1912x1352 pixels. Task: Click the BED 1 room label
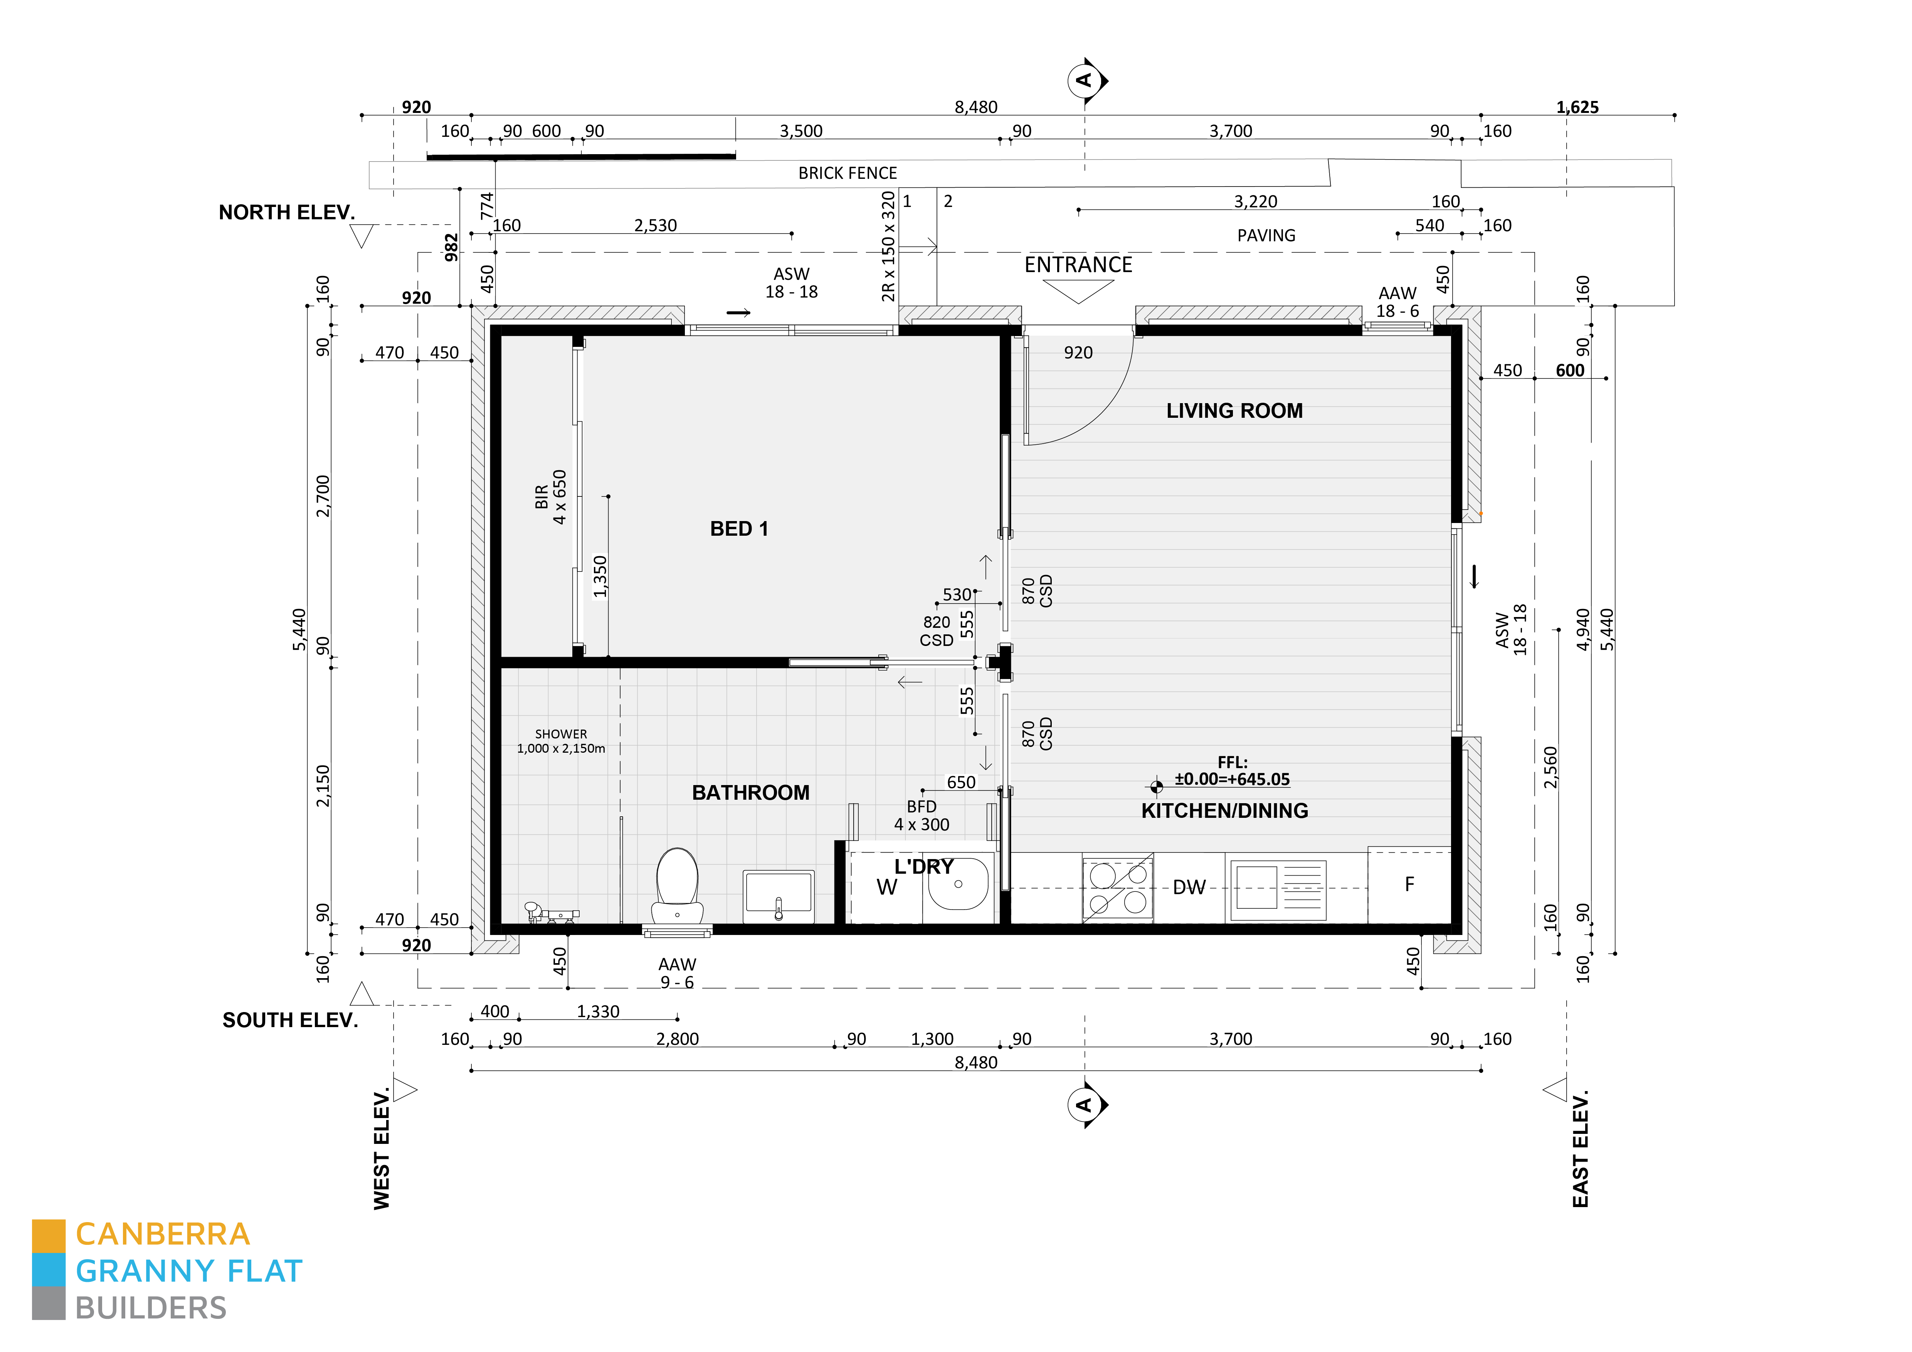(x=739, y=530)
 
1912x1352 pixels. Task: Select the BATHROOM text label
(x=750, y=792)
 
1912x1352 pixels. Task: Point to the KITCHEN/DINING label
(x=1224, y=811)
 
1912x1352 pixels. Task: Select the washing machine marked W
(x=886, y=888)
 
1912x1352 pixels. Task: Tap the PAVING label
(x=1266, y=235)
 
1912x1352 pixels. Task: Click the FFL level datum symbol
(x=1156, y=786)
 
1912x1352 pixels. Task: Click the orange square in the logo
(x=48, y=1236)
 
